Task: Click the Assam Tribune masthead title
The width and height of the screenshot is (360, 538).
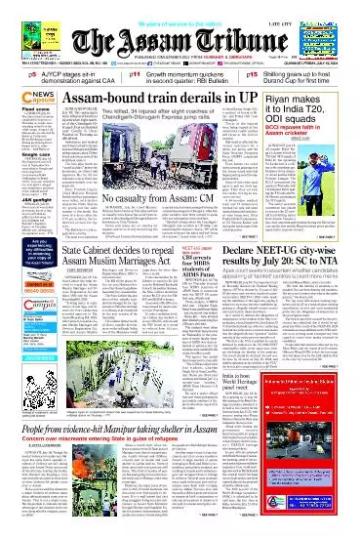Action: (180, 36)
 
